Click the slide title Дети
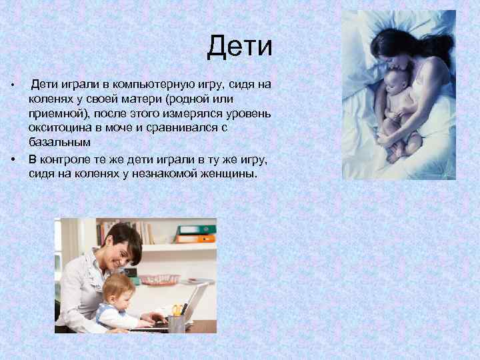tap(239, 47)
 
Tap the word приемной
tap(56, 114)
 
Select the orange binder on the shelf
tap(196, 238)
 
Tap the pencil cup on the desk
tap(177, 323)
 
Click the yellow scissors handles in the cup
tap(177, 309)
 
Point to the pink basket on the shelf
tap(160, 279)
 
